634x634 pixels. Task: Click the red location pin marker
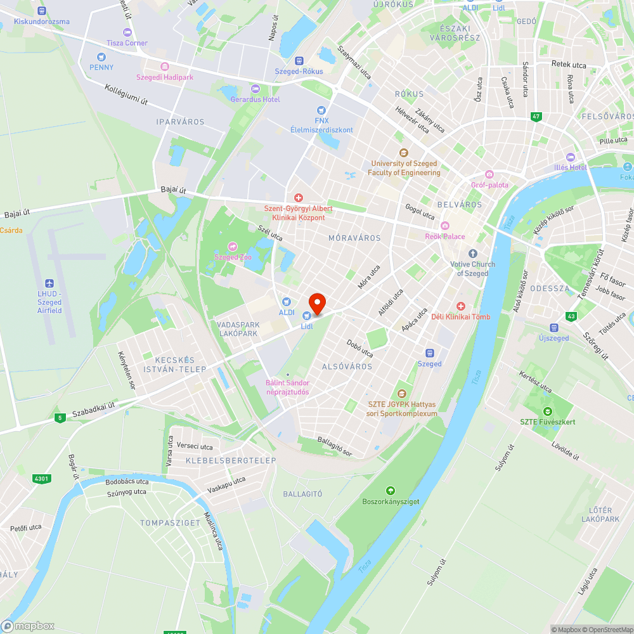[x=316, y=303]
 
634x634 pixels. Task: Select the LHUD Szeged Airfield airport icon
[x=50, y=283]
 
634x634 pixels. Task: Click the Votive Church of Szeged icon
[x=472, y=254]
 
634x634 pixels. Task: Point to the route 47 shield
[x=536, y=117]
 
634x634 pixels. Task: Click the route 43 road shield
[x=572, y=316]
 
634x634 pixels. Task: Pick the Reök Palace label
[x=445, y=236]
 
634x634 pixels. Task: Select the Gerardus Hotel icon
[x=256, y=89]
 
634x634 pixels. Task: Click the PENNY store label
[x=101, y=67]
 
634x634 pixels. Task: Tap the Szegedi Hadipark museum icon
[x=165, y=67]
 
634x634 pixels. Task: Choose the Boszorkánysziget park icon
[x=391, y=491]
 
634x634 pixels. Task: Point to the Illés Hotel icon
[x=570, y=157]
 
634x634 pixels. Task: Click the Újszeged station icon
[x=554, y=328]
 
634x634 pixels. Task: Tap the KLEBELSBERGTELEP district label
[x=231, y=460]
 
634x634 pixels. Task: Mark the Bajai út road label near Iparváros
[x=173, y=190]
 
